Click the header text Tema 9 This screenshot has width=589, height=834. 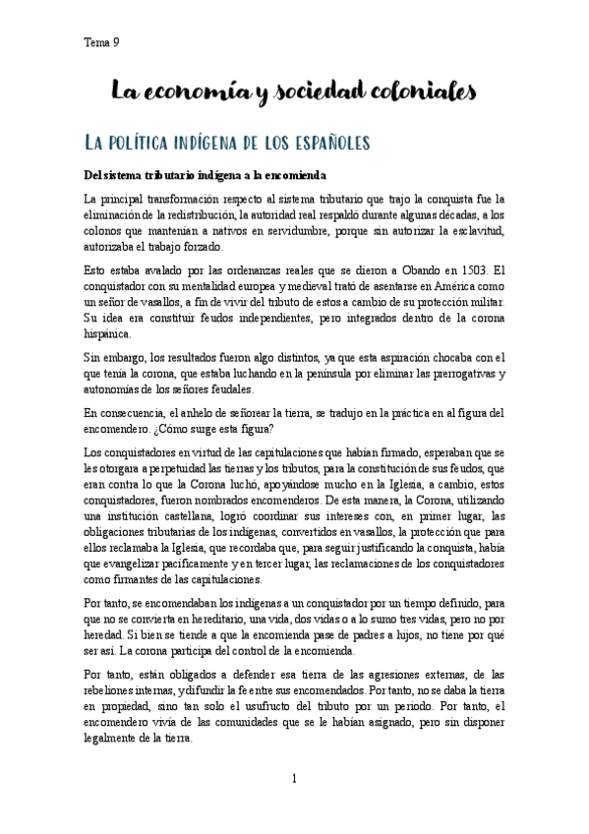click(98, 41)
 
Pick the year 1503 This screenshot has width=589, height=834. click(468, 270)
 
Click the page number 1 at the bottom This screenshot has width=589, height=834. click(295, 779)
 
